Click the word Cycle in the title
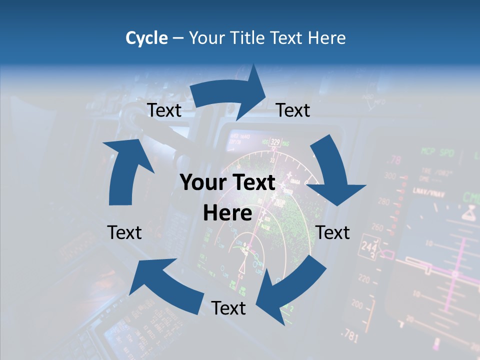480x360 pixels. pyautogui.click(x=146, y=38)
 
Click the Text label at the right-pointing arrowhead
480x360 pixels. pyautogui.click(x=293, y=110)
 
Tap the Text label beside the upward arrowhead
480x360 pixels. pyautogui.click(x=164, y=110)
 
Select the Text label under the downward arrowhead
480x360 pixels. pyautogui.click(x=333, y=232)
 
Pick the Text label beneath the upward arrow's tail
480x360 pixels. pyautogui.click(x=124, y=232)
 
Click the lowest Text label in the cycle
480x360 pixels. pyautogui.click(x=228, y=308)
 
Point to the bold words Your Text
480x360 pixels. pyautogui.click(x=227, y=182)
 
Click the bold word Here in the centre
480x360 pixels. pyautogui.click(x=227, y=213)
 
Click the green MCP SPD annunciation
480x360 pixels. pyautogui.click(x=437, y=151)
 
